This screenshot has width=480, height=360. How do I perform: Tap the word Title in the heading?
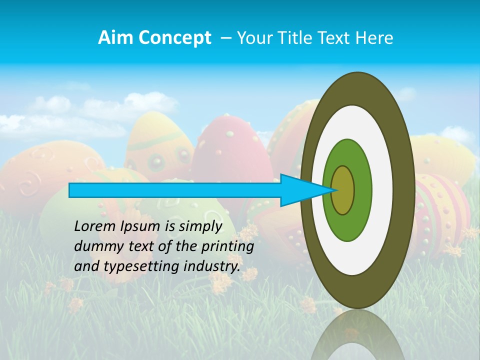coord(294,38)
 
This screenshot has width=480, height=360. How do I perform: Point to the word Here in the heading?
coord(375,38)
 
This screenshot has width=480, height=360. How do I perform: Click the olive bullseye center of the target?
coord(342,190)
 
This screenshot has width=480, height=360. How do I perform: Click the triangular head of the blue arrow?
coord(300,190)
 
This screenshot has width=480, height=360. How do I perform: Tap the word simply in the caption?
coord(200,227)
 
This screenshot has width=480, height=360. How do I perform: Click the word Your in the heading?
coord(252,38)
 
